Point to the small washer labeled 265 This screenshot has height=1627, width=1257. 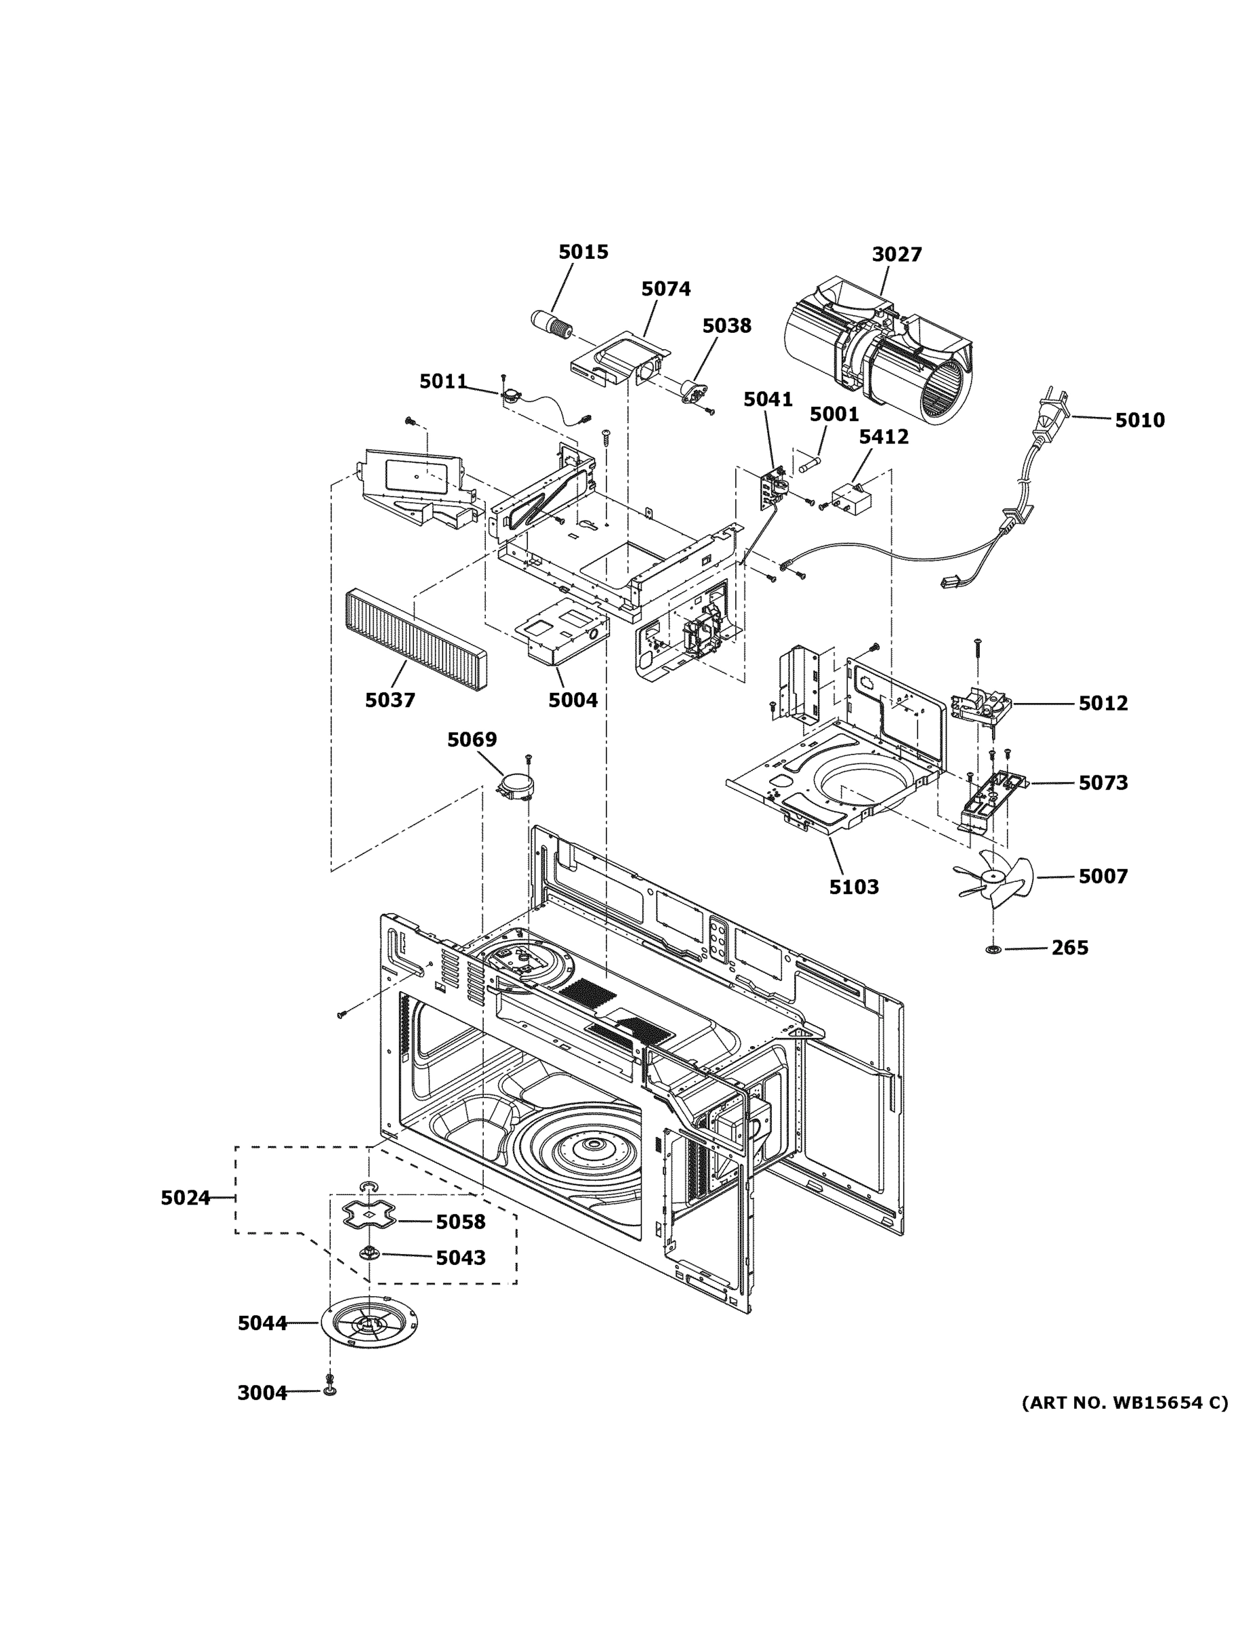993,949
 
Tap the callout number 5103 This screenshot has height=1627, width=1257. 853,887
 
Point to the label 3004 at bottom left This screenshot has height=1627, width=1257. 262,1392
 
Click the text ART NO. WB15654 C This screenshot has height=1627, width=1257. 1124,1403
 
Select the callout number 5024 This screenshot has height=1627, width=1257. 186,1198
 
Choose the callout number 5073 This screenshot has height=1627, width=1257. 1103,783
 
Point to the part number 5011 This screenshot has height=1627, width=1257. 443,382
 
